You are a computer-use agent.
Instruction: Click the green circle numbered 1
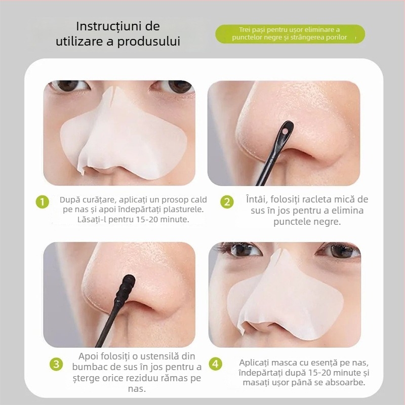point(43,201)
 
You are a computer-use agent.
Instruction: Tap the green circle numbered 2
point(227,201)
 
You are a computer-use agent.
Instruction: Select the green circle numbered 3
point(56,364)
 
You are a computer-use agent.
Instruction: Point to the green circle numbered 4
point(215,363)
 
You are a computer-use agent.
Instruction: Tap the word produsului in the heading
point(149,42)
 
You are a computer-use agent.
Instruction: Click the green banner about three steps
point(290,34)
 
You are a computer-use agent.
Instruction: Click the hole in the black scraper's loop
point(285,132)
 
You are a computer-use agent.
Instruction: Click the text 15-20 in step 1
point(131,219)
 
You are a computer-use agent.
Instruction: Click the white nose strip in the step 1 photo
point(121,134)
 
